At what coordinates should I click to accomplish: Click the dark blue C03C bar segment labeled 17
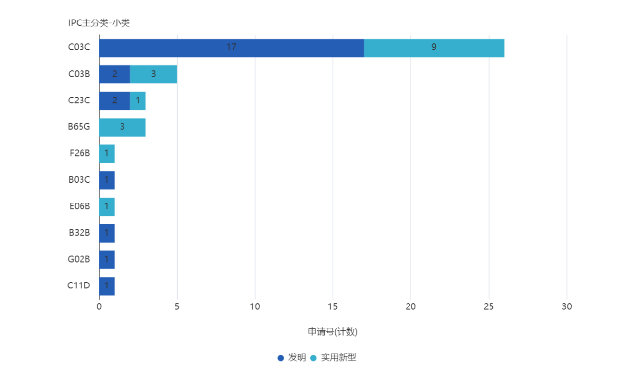pos(231,48)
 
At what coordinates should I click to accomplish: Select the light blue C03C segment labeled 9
pos(434,48)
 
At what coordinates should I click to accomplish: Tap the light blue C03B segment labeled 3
pos(153,74)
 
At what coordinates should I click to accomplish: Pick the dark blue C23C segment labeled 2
pos(114,101)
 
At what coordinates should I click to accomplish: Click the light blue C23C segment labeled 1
pos(138,101)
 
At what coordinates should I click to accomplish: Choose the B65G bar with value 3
pos(122,127)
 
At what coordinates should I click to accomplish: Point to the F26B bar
pos(107,154)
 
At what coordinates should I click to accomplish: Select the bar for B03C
pos(107,180)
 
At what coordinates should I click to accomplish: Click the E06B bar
pos(107,206)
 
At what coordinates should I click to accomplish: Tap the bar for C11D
pos(107,286)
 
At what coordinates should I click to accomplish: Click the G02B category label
pos(79,259)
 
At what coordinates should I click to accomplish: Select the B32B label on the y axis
pos(79,233)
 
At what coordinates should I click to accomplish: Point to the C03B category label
pos(79,74)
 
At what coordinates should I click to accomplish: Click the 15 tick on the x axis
pos(333,306)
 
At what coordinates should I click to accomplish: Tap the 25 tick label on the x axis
pos(489,306)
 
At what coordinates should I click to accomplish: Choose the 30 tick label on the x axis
pos(566,306)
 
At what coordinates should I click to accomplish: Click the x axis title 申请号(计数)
pos(333,332)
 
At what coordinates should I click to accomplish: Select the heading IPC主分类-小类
pos(99,23)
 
